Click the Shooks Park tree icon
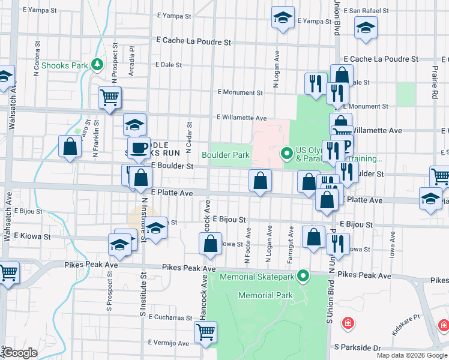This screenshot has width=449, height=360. pos(97,64)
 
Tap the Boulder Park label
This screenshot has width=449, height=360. pos(226,155)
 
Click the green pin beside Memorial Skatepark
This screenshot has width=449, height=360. pos(304,276)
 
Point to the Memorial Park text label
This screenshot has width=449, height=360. pos(265,295)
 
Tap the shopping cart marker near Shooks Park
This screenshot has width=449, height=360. pos(110,97)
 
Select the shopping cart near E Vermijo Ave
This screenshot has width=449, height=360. pos(205,332)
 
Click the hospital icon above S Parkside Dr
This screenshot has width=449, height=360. pos(348,325)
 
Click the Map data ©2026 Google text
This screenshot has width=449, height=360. pos(412,355)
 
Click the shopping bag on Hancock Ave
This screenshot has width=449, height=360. pos(210,244)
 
